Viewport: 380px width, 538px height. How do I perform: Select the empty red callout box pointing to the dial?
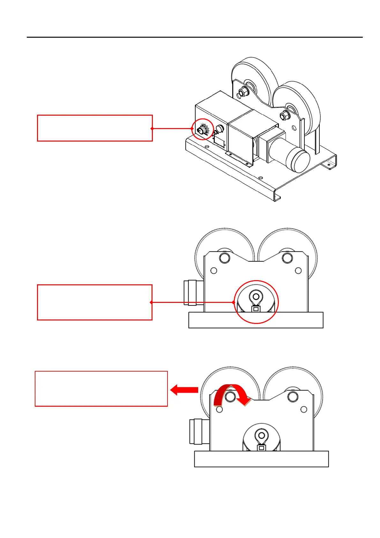[x=95, y=128]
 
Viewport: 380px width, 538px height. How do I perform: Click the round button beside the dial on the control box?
[x=220, y=128]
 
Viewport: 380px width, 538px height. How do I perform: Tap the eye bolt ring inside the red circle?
[x=256, y=296]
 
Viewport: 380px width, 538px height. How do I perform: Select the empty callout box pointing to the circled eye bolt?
[x=95, y=302]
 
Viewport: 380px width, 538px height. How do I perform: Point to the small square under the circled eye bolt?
[x=256, y=309]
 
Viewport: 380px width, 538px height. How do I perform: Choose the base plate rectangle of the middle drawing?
[x=256, y=320]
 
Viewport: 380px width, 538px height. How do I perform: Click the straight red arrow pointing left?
[x=184, y=390]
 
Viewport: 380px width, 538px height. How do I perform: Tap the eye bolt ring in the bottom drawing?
[x=262, y=435]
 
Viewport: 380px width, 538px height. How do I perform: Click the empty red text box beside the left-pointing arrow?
[x=101, y=389]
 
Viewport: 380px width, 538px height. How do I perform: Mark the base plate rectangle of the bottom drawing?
[x=261, y=459]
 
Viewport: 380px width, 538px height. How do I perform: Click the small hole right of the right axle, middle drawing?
[x=298, y=271]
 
